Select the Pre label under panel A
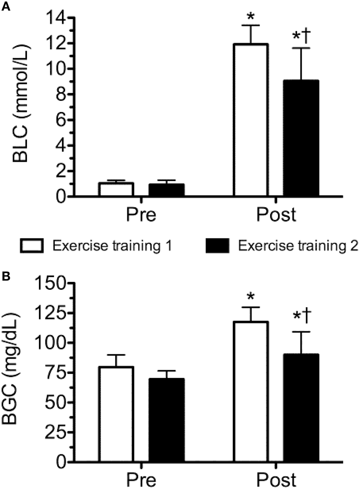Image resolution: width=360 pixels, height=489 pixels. (141, 216)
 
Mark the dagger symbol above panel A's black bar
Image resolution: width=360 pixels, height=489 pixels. (306, 36)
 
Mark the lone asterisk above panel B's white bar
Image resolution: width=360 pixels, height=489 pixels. (251, 296)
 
